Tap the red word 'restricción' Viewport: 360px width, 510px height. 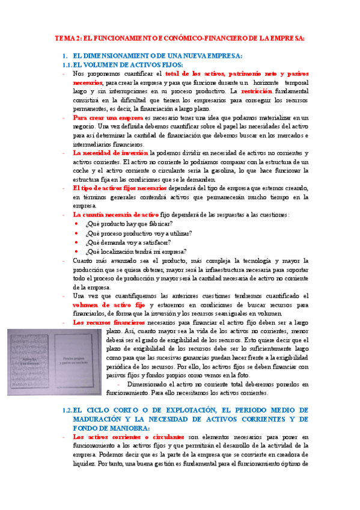click(x=258, y=91)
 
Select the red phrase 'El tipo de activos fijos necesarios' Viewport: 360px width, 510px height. click(x=119, y=188)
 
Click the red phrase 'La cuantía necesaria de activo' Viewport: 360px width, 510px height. click(x=115, y=214)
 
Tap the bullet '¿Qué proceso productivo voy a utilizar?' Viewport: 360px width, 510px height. click(x=138, y=233)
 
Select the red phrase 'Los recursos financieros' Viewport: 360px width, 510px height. click(x=109, y=322)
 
